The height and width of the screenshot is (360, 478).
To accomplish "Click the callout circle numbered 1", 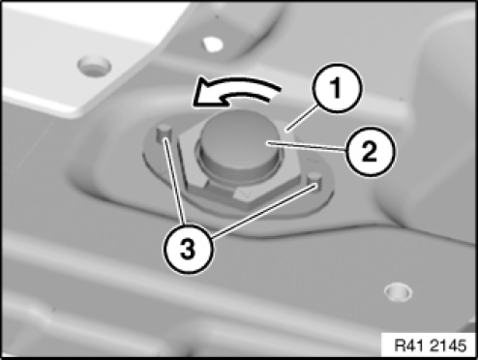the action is [337, 88].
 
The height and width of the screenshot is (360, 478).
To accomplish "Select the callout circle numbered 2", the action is [370, 151].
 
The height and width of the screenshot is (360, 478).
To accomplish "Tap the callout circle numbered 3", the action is [188, 249].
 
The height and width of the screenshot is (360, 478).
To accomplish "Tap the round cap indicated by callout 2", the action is [239, 142].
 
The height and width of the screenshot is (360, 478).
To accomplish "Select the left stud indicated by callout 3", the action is [164, 133].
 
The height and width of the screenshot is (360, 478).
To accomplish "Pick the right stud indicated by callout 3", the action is [314, 181].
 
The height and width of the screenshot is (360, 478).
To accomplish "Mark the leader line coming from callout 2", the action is [307, 146].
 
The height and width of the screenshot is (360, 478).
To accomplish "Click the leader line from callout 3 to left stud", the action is [174, 181].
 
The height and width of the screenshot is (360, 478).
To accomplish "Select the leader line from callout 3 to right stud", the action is [263, 211].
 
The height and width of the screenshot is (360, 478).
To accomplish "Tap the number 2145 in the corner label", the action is [448, 345].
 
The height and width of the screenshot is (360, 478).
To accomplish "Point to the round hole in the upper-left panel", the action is [94, 66].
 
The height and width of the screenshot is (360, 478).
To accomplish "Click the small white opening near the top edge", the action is [213, 45].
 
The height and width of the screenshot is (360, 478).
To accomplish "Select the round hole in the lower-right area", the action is [398, 292].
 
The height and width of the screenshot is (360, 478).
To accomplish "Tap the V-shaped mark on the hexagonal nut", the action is [245, 195].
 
